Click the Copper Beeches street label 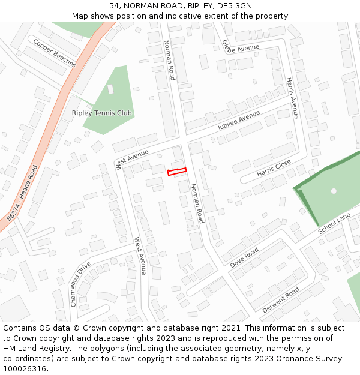[55, 53]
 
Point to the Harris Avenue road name [292, 97]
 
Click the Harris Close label [274, 167]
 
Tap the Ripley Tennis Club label [101, 113]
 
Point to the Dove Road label [244, 257]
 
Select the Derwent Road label [280, 301]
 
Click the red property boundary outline [176, 172]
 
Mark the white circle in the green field [334, 191]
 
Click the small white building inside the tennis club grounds [110, 89]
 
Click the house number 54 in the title [114, 5]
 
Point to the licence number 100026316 [25, 369]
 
